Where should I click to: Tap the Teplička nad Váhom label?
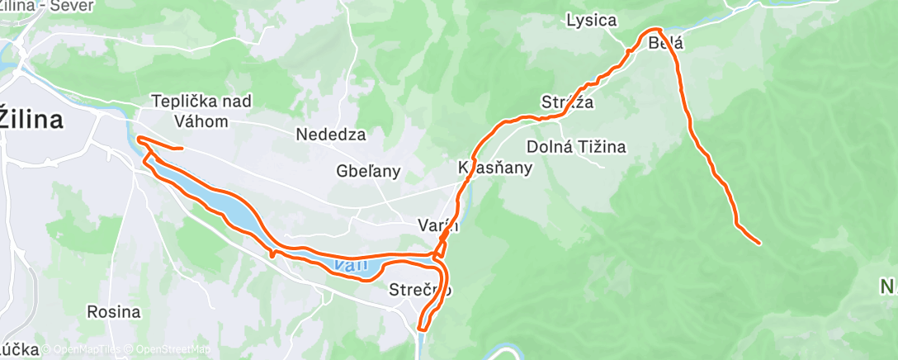pos(201,110)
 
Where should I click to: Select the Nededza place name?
pos(330,134)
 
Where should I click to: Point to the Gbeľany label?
pos(369,172)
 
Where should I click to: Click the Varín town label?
pos(437,225)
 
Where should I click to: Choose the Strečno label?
pos(420,290)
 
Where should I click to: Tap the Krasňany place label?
pos(495,167)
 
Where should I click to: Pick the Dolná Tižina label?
pos(576,147)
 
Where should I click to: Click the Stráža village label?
pos(568,102)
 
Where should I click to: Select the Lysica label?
pos(591,21)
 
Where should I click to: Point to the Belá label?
pos(665,41)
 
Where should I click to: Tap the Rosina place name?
pos(113,313)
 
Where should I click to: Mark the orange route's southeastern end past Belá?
pos(758,242)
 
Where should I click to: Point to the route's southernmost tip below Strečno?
pos(423,328)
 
